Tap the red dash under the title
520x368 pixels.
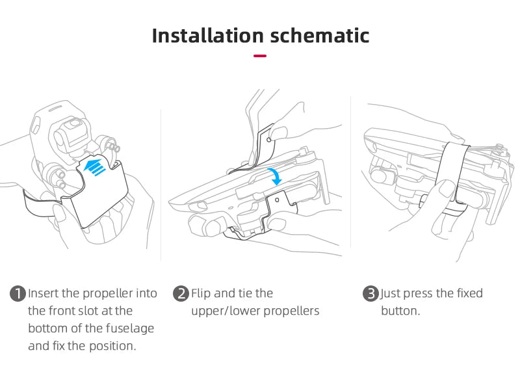point(260,56)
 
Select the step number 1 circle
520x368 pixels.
point(18,294)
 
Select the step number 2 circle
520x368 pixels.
point(181,294)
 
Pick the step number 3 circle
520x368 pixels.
point(370,294)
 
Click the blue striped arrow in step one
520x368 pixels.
point(95,165)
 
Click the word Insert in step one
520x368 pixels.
point(44,294)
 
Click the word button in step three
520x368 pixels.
point(400,311)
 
